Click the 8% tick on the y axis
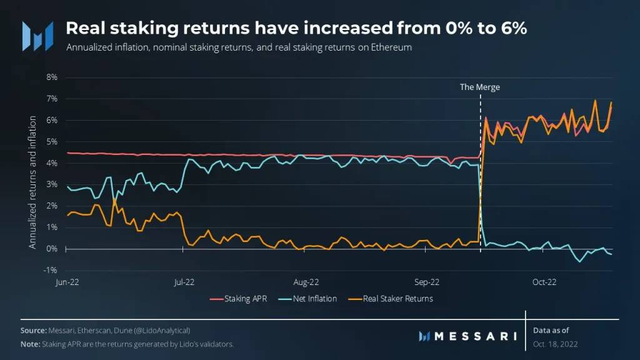tap(51, 77)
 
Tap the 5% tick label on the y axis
tap(51, 142)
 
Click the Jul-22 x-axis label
tap(182, 282)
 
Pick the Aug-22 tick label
tap(306, 282)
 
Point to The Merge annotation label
tap(480, 87)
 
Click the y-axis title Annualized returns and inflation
tap(32, 182)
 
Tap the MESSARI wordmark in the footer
tap(475, 336)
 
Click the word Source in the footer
tap(32, 330)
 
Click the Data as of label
tap(551, 329)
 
